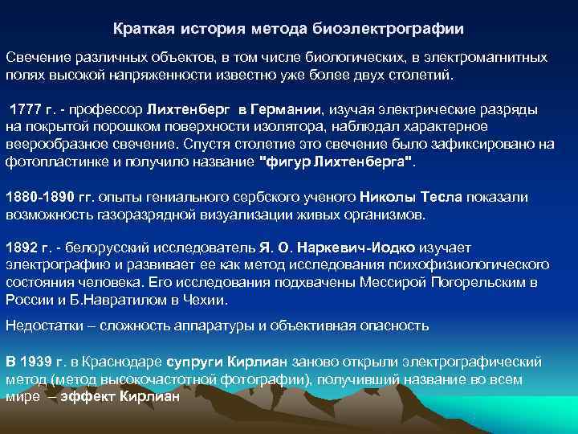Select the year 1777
pyautogui.click(x=24, y=109)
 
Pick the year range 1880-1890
pyautogui.click(x=41, y=198)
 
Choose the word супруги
pyautogui.click(x=192, y=361)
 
